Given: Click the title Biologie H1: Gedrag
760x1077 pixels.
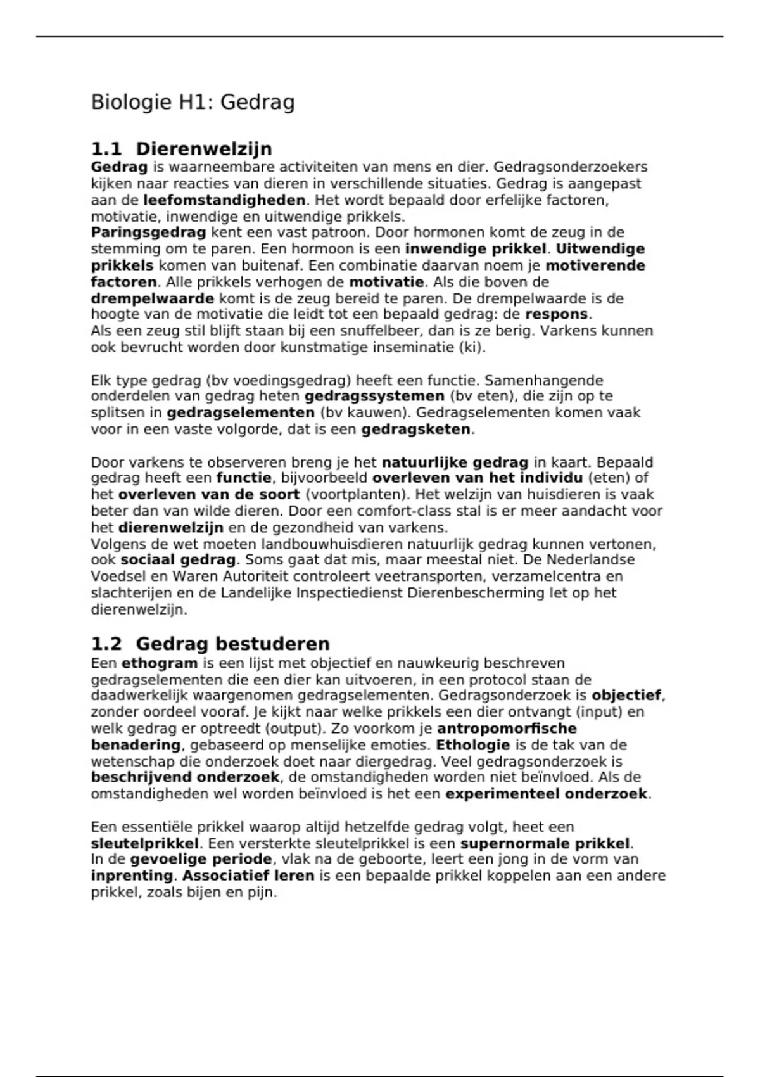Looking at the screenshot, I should pos(193,102).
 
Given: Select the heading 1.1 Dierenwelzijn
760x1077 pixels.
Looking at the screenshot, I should pos(181,149).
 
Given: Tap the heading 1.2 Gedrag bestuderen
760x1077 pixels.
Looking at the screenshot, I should pos(210,644).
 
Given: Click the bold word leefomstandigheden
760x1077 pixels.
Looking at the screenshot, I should pos(224,200).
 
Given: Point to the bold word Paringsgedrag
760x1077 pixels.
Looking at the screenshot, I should pos(148,233).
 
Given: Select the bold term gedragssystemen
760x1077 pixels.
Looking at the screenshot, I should pos(374,397).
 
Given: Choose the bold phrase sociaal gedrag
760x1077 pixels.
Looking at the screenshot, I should pos(178,560).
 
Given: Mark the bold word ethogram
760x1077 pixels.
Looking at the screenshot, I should pos(160,663).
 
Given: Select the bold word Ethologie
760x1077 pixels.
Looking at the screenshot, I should pos(472,745).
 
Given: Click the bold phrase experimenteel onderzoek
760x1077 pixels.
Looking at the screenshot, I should pos(547,794).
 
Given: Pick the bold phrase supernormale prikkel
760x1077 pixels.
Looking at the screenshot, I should pos(545,844).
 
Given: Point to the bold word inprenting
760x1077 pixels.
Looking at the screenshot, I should pos(132,876).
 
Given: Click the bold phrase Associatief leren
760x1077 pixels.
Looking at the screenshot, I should pos(249,876).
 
